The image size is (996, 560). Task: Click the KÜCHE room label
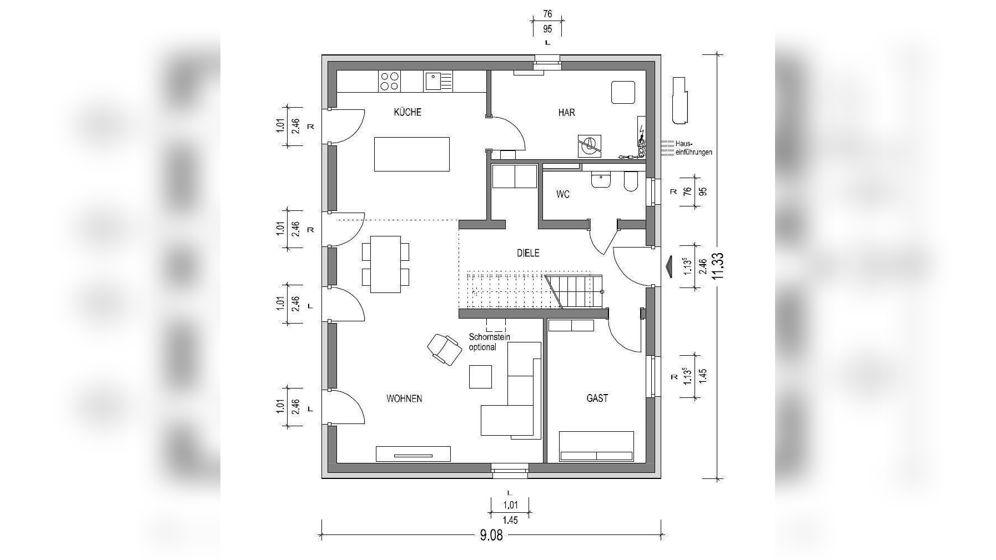coord(408,112)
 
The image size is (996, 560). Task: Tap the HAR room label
coord(566,113)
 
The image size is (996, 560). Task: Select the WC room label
coord(563,195)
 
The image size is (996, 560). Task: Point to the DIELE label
coord(528,253)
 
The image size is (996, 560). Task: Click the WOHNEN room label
coord(404,398)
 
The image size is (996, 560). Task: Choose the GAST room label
coord(597,398)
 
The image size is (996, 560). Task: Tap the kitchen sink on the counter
coord(439,81)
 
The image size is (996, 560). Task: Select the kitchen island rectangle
coord(411,154)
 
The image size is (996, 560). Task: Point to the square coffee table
coord(480,376)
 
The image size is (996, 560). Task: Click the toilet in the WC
coord(631,181)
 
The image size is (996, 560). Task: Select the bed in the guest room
coord(597,446)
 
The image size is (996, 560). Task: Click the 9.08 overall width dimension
coord(491,536)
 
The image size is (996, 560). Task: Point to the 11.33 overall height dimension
coord(718,268)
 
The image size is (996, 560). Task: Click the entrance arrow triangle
coord(668,265)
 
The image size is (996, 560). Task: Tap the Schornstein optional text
coord(489,342)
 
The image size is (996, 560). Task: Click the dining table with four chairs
coord(386,264)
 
